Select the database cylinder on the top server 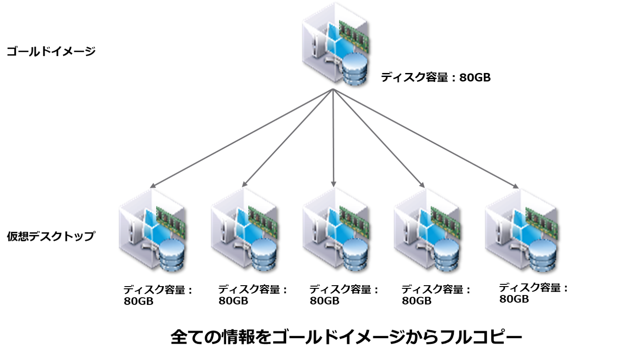click(x=354, y=69)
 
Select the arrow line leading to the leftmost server click(x=242, y=137)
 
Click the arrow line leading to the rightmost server click(x=425, y=137)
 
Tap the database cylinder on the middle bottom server click(x=355, y=254)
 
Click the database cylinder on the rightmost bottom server click(x=542, y=255)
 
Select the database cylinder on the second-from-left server click(x=263, y=254)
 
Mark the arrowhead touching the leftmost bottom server click(x=152, y=185)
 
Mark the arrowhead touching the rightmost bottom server click(x=516, y=186)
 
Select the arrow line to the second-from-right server click(x=379, y=137)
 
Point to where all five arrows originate click(x=333, y=89)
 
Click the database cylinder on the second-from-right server click(x=447, y=255)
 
